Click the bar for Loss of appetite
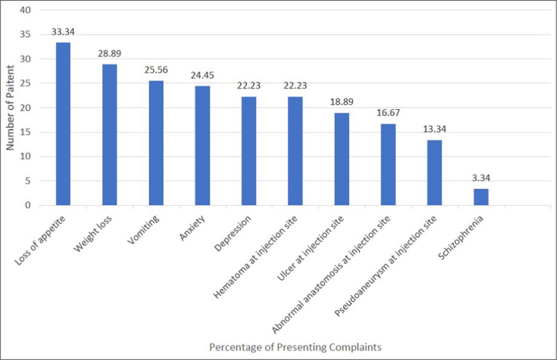coord(63,124)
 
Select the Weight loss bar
coord(109,135)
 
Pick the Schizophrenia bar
coord(480,197)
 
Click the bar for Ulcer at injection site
coord(342,159)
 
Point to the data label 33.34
coord(63,32)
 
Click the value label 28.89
coord(109,54)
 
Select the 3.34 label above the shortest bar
coord(480,178)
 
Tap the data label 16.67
coord(388,113)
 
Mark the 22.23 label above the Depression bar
coord(248,86)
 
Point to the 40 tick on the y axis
coord(26,10)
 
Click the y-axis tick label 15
coord(26,132)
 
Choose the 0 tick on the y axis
coord(28,205)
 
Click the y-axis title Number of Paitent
coord(9,108)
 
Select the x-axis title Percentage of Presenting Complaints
coord(295,347)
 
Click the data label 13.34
coord(434,129)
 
